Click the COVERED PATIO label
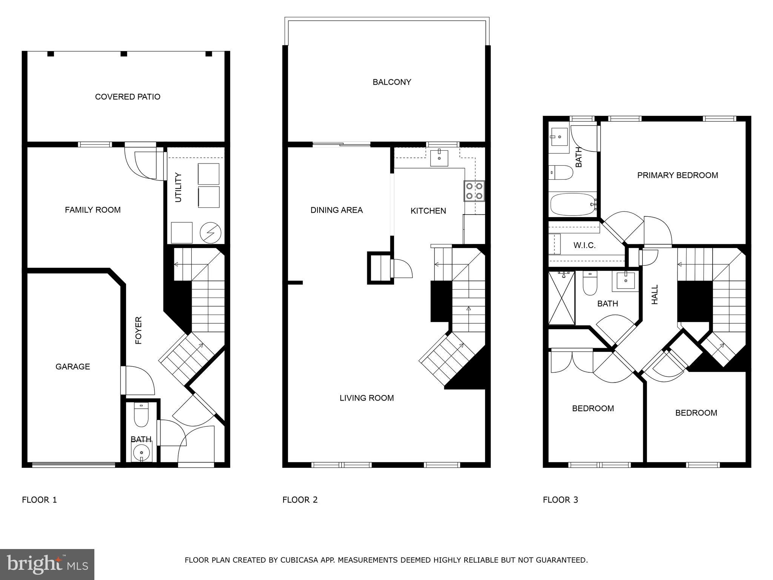click(x=128, y=97)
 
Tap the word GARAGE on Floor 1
click(x=72, y=367)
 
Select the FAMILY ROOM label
click(x=92, y=210)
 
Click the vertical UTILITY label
click(x=179, y=187)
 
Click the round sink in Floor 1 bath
click(x=141, y=452)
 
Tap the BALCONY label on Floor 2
click(x=392, y=82)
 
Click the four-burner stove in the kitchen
click(x=474, y=191)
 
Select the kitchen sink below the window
click(x=439, y=158)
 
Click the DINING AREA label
click(x=336, y=210)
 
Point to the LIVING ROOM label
click(x=366, y=398)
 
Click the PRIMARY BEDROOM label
click(x=677, y=175)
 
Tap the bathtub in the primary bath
click(x=571, y=204)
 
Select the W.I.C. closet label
click(x=584, y=245)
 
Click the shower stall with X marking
click(x=561, y=298)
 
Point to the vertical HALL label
click(x=655, y=295)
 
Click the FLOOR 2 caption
click(x=300, y=500)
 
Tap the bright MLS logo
click(x=47, y=565)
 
